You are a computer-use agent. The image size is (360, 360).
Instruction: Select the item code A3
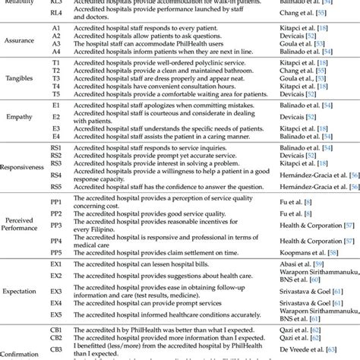tap(55, 44)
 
